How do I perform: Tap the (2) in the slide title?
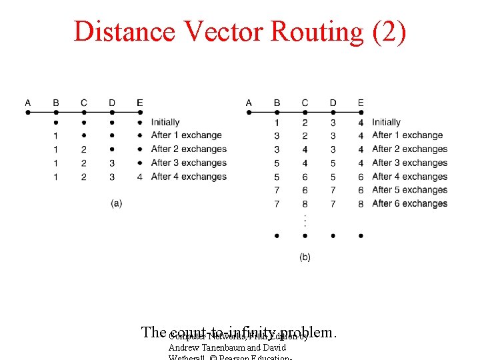[x=390, y=31]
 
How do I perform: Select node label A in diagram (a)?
[x=28, y=103]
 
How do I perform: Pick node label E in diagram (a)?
[x=139, y=103]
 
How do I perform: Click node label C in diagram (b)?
[x=305, y=103]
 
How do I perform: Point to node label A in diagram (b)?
[x=249, y=103]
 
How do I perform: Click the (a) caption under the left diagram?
[x=117, y=203]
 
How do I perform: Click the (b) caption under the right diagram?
[x=305, y=257]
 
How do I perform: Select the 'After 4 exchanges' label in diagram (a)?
[x=189, y=177]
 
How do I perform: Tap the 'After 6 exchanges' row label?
[x=409, y=203]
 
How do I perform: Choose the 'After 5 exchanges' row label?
[x=409, y=190]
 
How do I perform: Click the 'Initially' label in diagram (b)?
[x=386, y=122]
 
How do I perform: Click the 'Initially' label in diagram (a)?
[x=165, y=122]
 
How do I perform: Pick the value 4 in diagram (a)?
[x=139, y=177]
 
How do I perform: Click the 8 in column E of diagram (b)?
[x=361, y=203]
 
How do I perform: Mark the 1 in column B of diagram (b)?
[x=277, y=122]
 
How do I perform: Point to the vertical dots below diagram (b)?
[x=305, y=219]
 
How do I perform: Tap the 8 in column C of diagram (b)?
[x=305, y=203]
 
